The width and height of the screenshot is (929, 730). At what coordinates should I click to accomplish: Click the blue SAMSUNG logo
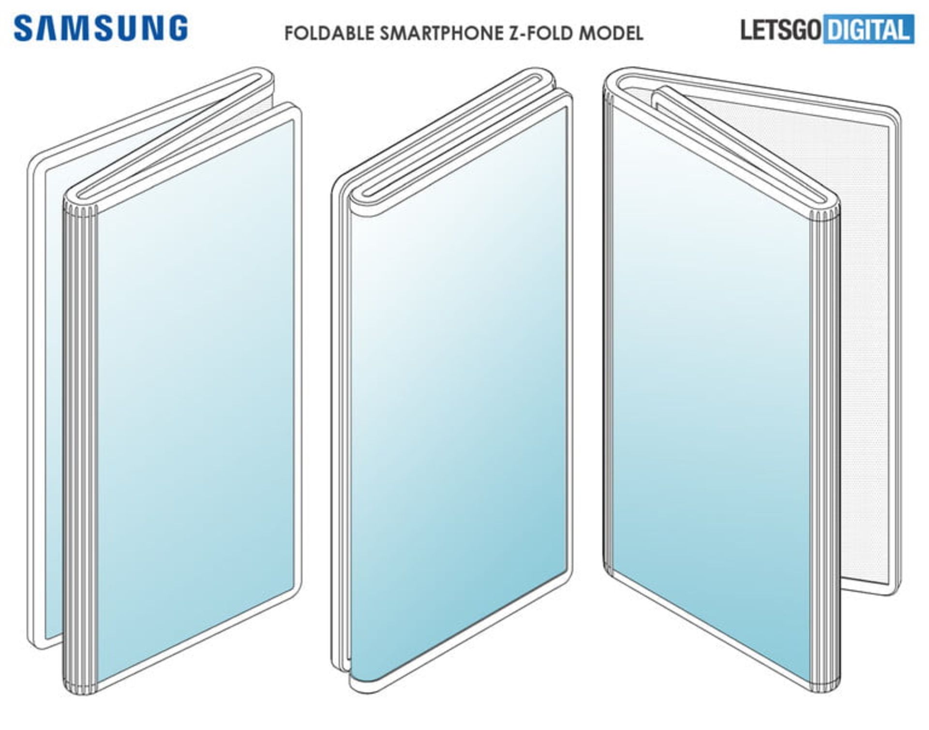click(101, 28)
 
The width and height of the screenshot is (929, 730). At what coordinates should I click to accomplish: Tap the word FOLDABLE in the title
click(329, 33)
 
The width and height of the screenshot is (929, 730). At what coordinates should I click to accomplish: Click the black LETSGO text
click(780, 30)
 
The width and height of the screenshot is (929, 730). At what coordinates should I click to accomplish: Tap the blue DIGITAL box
click(869, 30)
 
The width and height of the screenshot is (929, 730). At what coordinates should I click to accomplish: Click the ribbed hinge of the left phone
click(80, 436)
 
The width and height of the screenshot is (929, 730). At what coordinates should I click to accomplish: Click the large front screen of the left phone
click(194, 387)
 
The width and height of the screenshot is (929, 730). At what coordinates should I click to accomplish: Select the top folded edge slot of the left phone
click(174, 140)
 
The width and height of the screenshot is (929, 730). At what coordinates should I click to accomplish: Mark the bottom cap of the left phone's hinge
click(80, 687)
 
